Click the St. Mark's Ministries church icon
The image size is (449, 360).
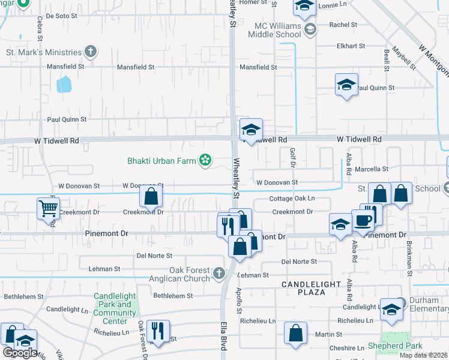point(91,52)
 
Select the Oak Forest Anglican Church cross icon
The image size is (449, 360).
point(218,274)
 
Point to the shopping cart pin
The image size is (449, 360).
point(48,209)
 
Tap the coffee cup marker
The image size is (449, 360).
point(363,220)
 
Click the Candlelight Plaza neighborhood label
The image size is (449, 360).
point(312,287)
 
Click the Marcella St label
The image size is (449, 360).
point(374,169)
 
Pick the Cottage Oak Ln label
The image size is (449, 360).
point(292,198)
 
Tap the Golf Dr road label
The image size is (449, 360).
point(293,158)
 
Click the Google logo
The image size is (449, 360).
point(20,353)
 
